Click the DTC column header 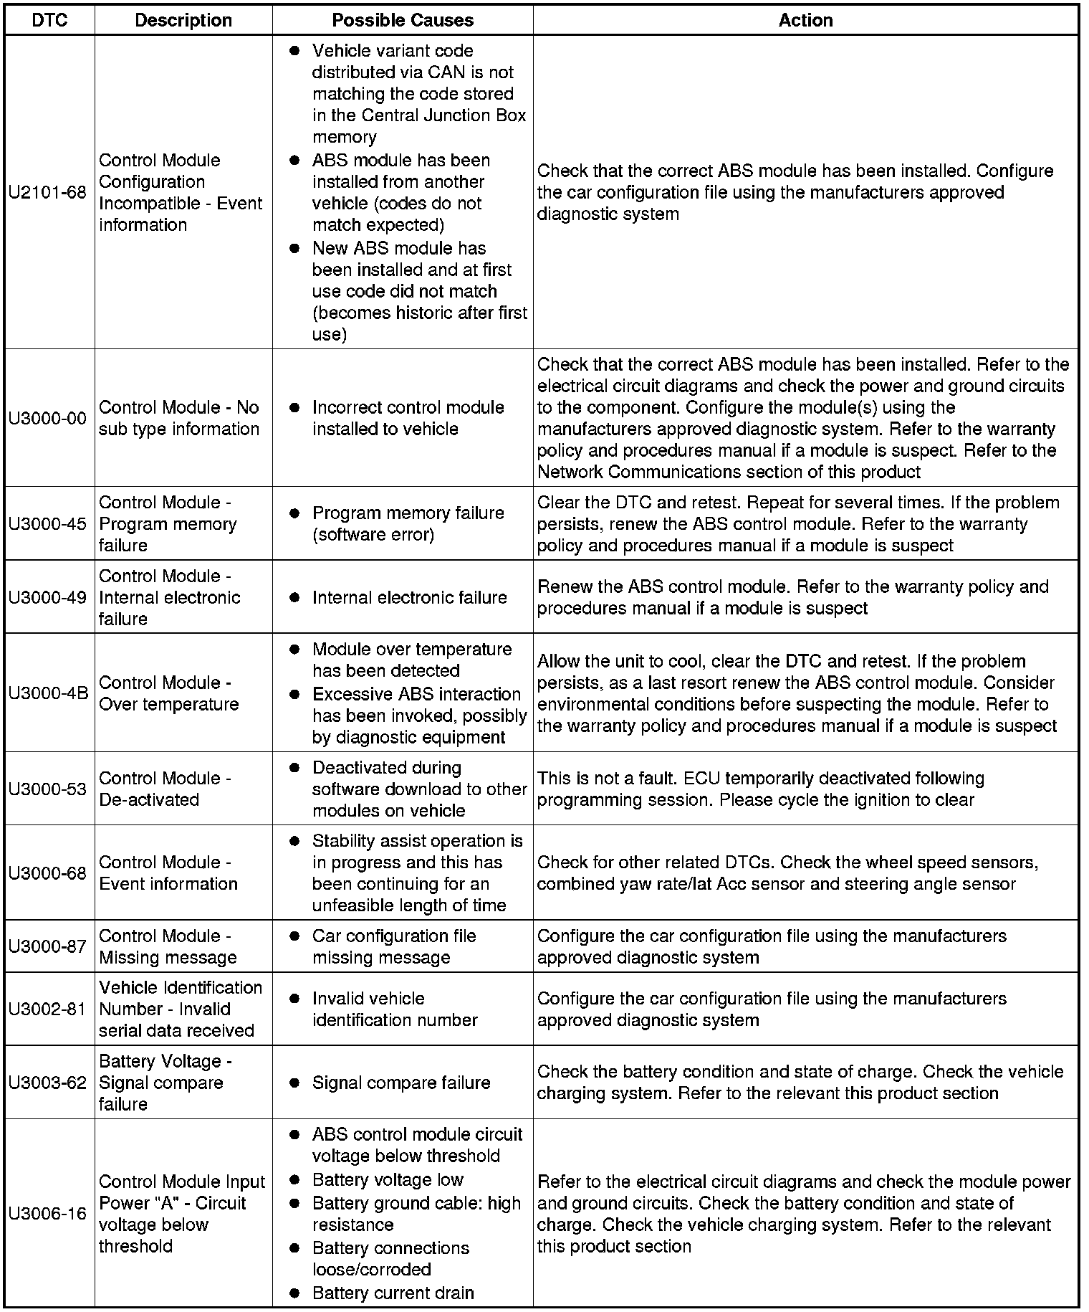coord(49,20)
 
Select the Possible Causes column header coord(403,20)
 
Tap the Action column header coord(805,20)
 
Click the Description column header coord(183,20)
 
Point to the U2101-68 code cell coord(48,193)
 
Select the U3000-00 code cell coord(48,418)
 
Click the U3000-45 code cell coord(48,524)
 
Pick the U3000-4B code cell coord(48,693)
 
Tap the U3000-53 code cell coord(48,789)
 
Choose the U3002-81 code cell coord(48,1009)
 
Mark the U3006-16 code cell coord(48,1214)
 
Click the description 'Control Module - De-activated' coord(165,789)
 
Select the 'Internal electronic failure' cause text coord(409,598)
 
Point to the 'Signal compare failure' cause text coord(401,1083)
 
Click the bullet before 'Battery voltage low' coord(294,1180)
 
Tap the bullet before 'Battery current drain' coord(294,1293)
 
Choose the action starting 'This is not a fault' coord(760,789)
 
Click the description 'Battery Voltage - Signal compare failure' coord(165,1083)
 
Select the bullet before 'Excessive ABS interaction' coord(294,695)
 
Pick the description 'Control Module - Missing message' coord(168,947)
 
